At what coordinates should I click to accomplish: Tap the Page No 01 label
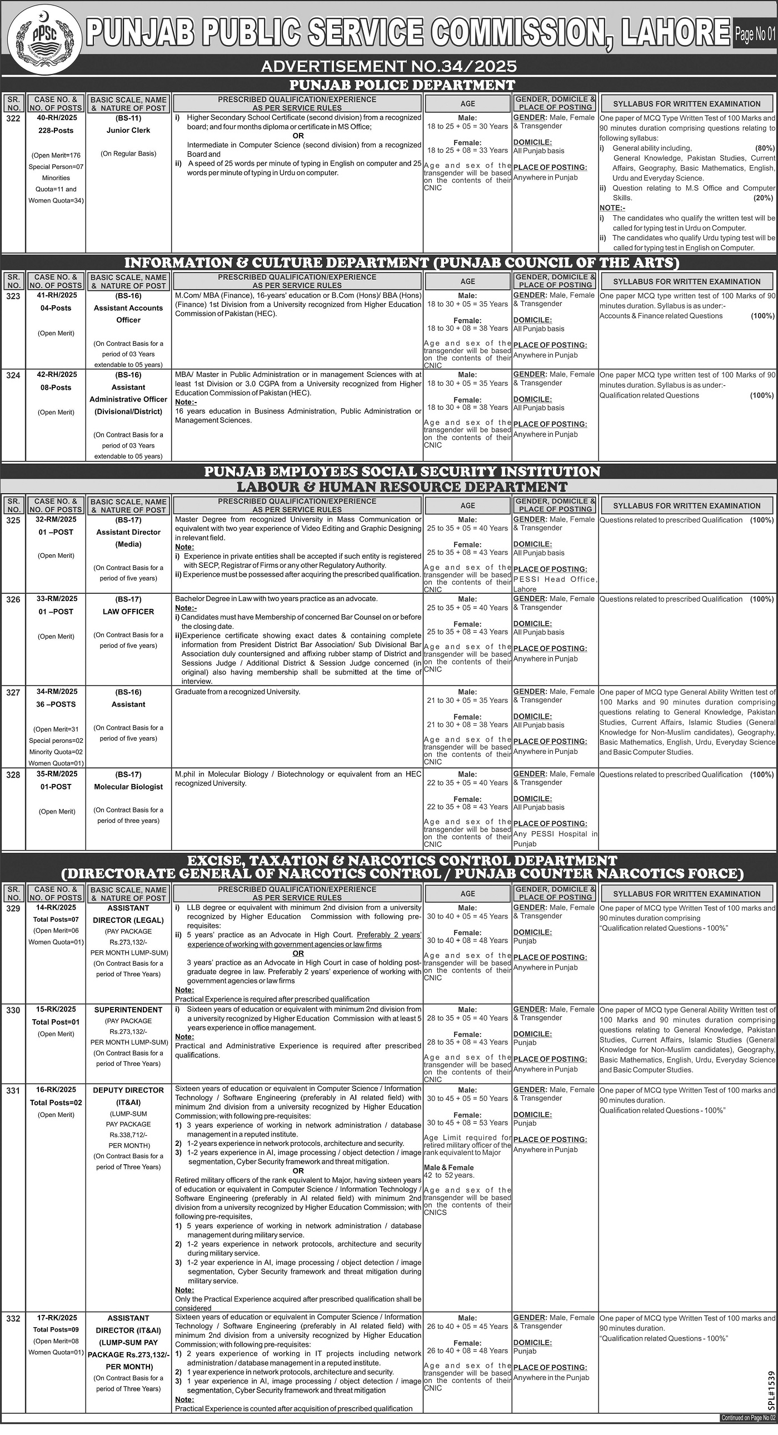755,34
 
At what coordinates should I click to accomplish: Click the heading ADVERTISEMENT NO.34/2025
388,66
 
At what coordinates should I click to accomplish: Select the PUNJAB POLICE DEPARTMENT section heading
402,85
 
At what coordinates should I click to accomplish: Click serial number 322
13,118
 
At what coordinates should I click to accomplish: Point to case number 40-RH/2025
56,117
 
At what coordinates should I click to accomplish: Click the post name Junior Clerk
128,130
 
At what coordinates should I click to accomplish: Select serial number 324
13,375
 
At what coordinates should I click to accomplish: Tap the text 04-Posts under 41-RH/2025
56,307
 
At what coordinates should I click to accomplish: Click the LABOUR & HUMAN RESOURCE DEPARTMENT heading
402,486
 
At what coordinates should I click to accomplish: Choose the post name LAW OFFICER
128,611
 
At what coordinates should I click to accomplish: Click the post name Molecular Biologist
128,787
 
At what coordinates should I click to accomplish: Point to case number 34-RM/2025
56,691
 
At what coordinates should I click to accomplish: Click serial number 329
13,908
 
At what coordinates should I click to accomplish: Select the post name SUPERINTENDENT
128,1010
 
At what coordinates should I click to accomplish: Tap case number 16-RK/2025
56,1090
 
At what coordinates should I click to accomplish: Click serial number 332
13,1318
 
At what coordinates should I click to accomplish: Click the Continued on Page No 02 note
747,1429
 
